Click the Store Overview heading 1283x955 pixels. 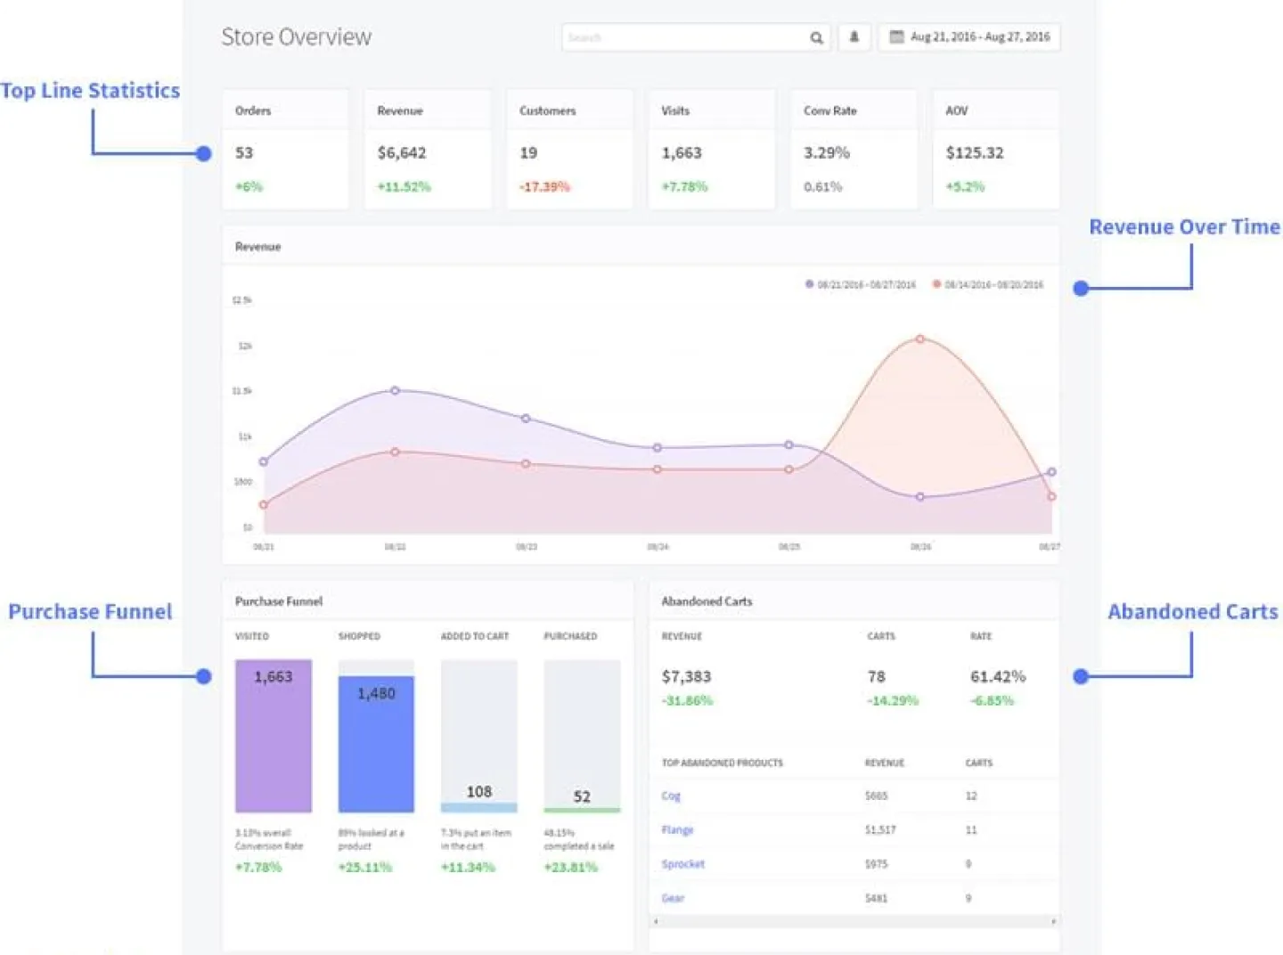pyautogui.click(x=296, y=37)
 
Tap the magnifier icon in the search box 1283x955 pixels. pyautogui.click(x=816, y=37)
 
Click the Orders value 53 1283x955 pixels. pyautogui.click(x=244, y=153)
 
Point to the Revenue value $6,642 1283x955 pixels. pyautogui.click(x=402, y=153)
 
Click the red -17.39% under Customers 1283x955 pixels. pyautogui.click(x=544, y=187)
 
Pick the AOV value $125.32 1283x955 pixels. pyautogui.click(x=975, y=153)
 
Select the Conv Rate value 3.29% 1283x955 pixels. pyautogui.click(x=827, y=153)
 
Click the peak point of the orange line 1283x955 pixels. pyautogui.click(x=920, y=339)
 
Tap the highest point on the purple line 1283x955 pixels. pyautogui.click(x=396, y=390)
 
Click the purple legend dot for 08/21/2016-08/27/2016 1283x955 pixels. pyautogui.click(x=809, y=284)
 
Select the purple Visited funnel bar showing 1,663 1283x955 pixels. pyautogui.click(x=274, y=736)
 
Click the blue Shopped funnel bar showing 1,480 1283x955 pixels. pyautogui.click(x=376, y=744)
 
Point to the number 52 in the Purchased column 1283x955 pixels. pyautogui.click(x=582, y=796)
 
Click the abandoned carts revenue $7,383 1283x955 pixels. pyautogui.click(x=686, y=677)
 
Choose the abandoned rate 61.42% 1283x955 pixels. pyautogui.click(x=998, y=677)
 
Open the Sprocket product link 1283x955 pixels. pyautogui.click(x=682, y=864)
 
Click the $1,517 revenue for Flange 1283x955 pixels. pyautogui.click(x=880, y=829)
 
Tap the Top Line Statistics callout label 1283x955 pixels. pyautogui.click(x=90, y=91)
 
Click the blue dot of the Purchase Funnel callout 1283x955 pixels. pyautogui.click(x=204, y=676)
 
